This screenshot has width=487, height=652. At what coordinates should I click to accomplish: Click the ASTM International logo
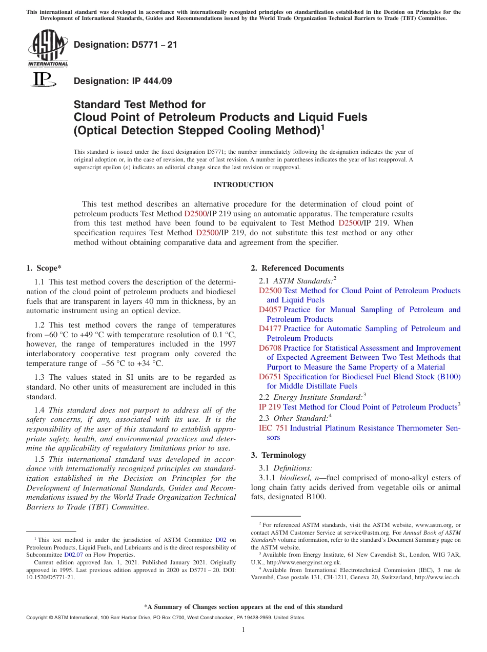(x=48, y=49)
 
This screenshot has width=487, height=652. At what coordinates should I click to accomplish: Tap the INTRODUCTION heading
(x=243, y=185)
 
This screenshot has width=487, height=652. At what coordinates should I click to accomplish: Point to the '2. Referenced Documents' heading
(x=297, y=268)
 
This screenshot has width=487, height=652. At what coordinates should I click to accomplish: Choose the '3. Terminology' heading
(x=278, y=455)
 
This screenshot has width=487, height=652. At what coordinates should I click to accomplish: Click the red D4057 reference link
(x=270, y=310)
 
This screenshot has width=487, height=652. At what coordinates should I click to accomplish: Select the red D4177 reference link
(x=270, y=329)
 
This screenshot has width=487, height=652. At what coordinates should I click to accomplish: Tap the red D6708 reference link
(x=270, y=348)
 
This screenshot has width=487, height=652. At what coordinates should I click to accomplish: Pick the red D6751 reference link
(x=270, y=377)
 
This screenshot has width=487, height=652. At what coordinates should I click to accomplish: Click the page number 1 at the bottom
(x=243, y=629)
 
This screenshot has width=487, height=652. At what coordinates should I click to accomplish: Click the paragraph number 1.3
(x=39, y=378)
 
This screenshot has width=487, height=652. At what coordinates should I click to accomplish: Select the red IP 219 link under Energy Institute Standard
(x=270, y=407)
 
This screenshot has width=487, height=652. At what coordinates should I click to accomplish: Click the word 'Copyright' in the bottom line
(x=38, y=618)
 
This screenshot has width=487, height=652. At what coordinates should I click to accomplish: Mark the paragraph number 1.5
(x=39, y=459)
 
